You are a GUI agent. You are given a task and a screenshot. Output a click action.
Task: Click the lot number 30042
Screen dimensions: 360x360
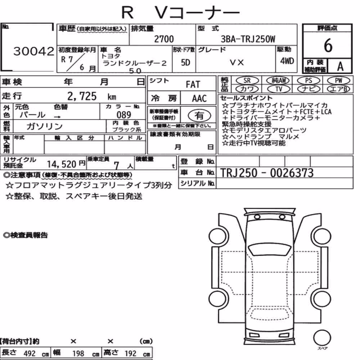tap(34, 51)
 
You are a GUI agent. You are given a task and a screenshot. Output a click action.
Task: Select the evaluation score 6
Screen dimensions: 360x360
tap(328, 45)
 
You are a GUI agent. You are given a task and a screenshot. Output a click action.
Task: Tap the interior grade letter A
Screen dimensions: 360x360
tap(340, 66)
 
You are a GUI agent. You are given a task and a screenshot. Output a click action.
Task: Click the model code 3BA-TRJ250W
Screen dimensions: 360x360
tap(248, 39)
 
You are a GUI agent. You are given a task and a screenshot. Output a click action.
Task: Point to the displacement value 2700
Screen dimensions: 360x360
tap(164, 39)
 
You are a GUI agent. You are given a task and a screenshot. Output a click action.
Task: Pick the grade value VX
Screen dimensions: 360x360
tap(237, 62)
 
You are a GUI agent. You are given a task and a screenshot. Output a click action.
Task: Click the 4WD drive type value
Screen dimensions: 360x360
tap(287, 61)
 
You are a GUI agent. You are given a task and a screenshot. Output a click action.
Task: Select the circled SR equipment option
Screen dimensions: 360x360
tap(247, 81)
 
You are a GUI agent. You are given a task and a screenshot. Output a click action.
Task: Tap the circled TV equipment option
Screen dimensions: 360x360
tap(279, 89)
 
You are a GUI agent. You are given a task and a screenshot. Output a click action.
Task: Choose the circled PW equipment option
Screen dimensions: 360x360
tap(338, 81)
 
